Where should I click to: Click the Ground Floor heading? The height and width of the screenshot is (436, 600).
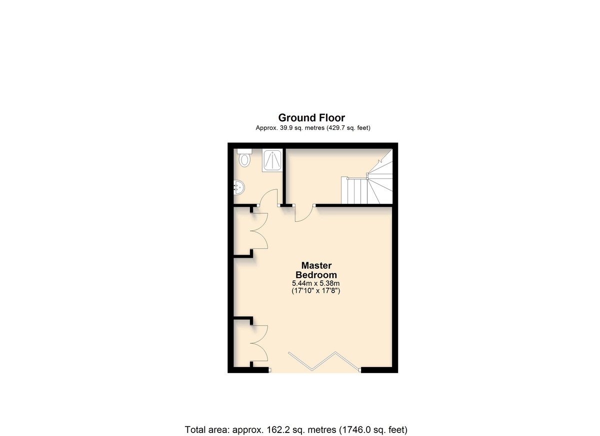[x=311, y=118]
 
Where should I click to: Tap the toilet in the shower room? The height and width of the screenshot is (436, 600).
[x=244, y=158]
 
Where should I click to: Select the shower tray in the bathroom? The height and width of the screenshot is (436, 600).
[x=272, y=160]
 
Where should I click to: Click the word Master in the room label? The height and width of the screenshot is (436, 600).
[x=316, y=266]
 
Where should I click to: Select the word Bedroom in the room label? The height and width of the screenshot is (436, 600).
[x=316, y=275]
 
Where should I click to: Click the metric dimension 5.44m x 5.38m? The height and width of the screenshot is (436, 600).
[x=316, y=283]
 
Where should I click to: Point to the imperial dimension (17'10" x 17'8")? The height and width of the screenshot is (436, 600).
[x=316, y=291]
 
